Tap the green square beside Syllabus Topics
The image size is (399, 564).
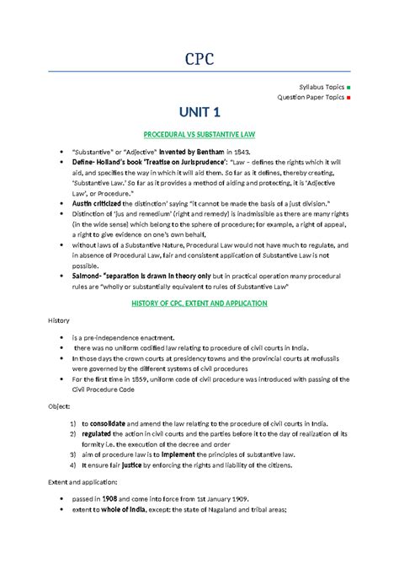[x=348, y=88]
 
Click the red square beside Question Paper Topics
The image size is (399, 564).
[x=348, y=97]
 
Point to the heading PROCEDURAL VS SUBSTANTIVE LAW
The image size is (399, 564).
[x=199, y=135]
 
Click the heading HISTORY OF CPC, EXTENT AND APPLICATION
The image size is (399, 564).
[x=199, y=303]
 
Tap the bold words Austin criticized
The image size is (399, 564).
[x=97, y=203]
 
